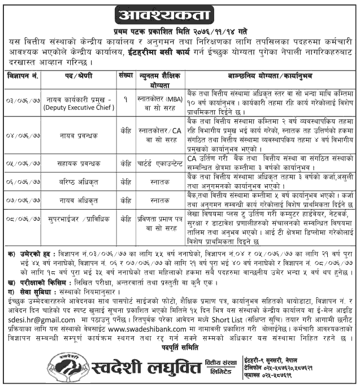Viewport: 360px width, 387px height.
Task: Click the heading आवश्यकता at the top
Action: point(180,13)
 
